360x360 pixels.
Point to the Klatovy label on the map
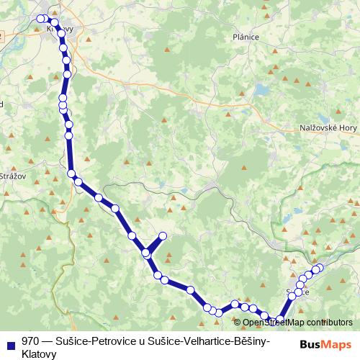pyautogui.click(x=60, y=29)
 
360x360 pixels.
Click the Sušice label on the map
pyautogui.click(x=297, y=292)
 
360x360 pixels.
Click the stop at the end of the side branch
pyautogui.click(x=163, y=235)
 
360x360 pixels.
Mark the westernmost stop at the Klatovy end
pyautogui.click(x=39, y=19)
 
